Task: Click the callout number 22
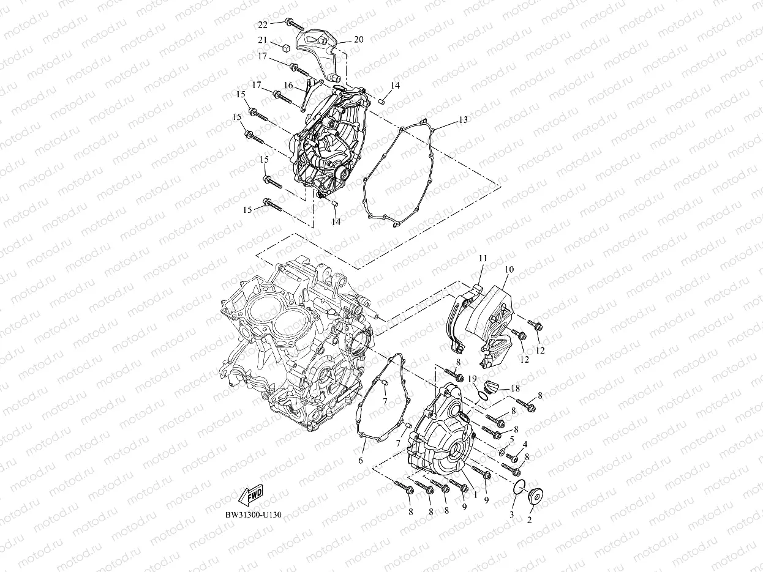click(262, 24)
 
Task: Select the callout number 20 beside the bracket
click(358, 39)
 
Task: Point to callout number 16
click(288, 86)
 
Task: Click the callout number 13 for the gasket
click(463, 120)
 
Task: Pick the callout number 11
click(483, 259)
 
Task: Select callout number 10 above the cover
click(509, 269)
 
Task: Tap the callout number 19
click(472, 379)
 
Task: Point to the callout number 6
click(361, 460)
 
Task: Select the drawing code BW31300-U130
click(253, 514)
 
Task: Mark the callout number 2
click(530, 520)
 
